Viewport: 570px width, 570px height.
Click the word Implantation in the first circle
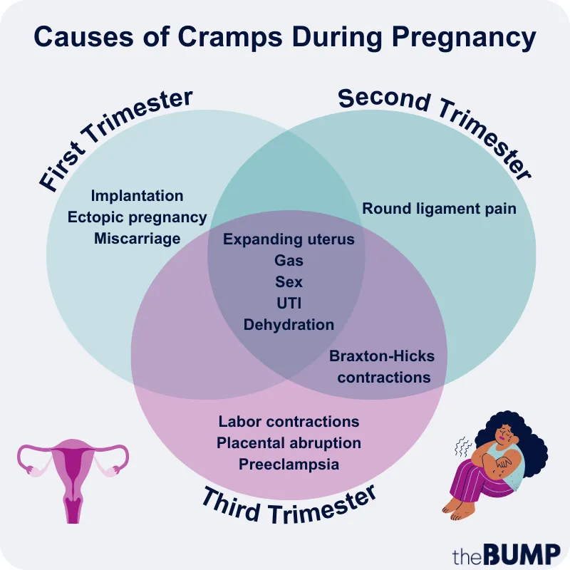137,196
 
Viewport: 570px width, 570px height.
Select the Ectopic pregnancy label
137,217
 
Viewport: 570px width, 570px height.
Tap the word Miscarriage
137,239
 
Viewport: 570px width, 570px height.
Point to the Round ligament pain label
439,209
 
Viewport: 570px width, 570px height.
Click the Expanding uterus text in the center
289,239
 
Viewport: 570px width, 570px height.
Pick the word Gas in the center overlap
289,261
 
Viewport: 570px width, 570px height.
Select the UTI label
289,304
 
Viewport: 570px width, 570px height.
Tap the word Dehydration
289,325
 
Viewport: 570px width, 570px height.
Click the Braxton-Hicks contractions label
383,366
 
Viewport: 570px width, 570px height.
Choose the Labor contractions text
289,422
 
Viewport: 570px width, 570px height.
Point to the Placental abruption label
289,443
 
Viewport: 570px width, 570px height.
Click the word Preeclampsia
289,465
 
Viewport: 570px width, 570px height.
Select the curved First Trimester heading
114,135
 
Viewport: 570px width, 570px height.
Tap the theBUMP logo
506,550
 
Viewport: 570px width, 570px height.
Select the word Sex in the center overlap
289,282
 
